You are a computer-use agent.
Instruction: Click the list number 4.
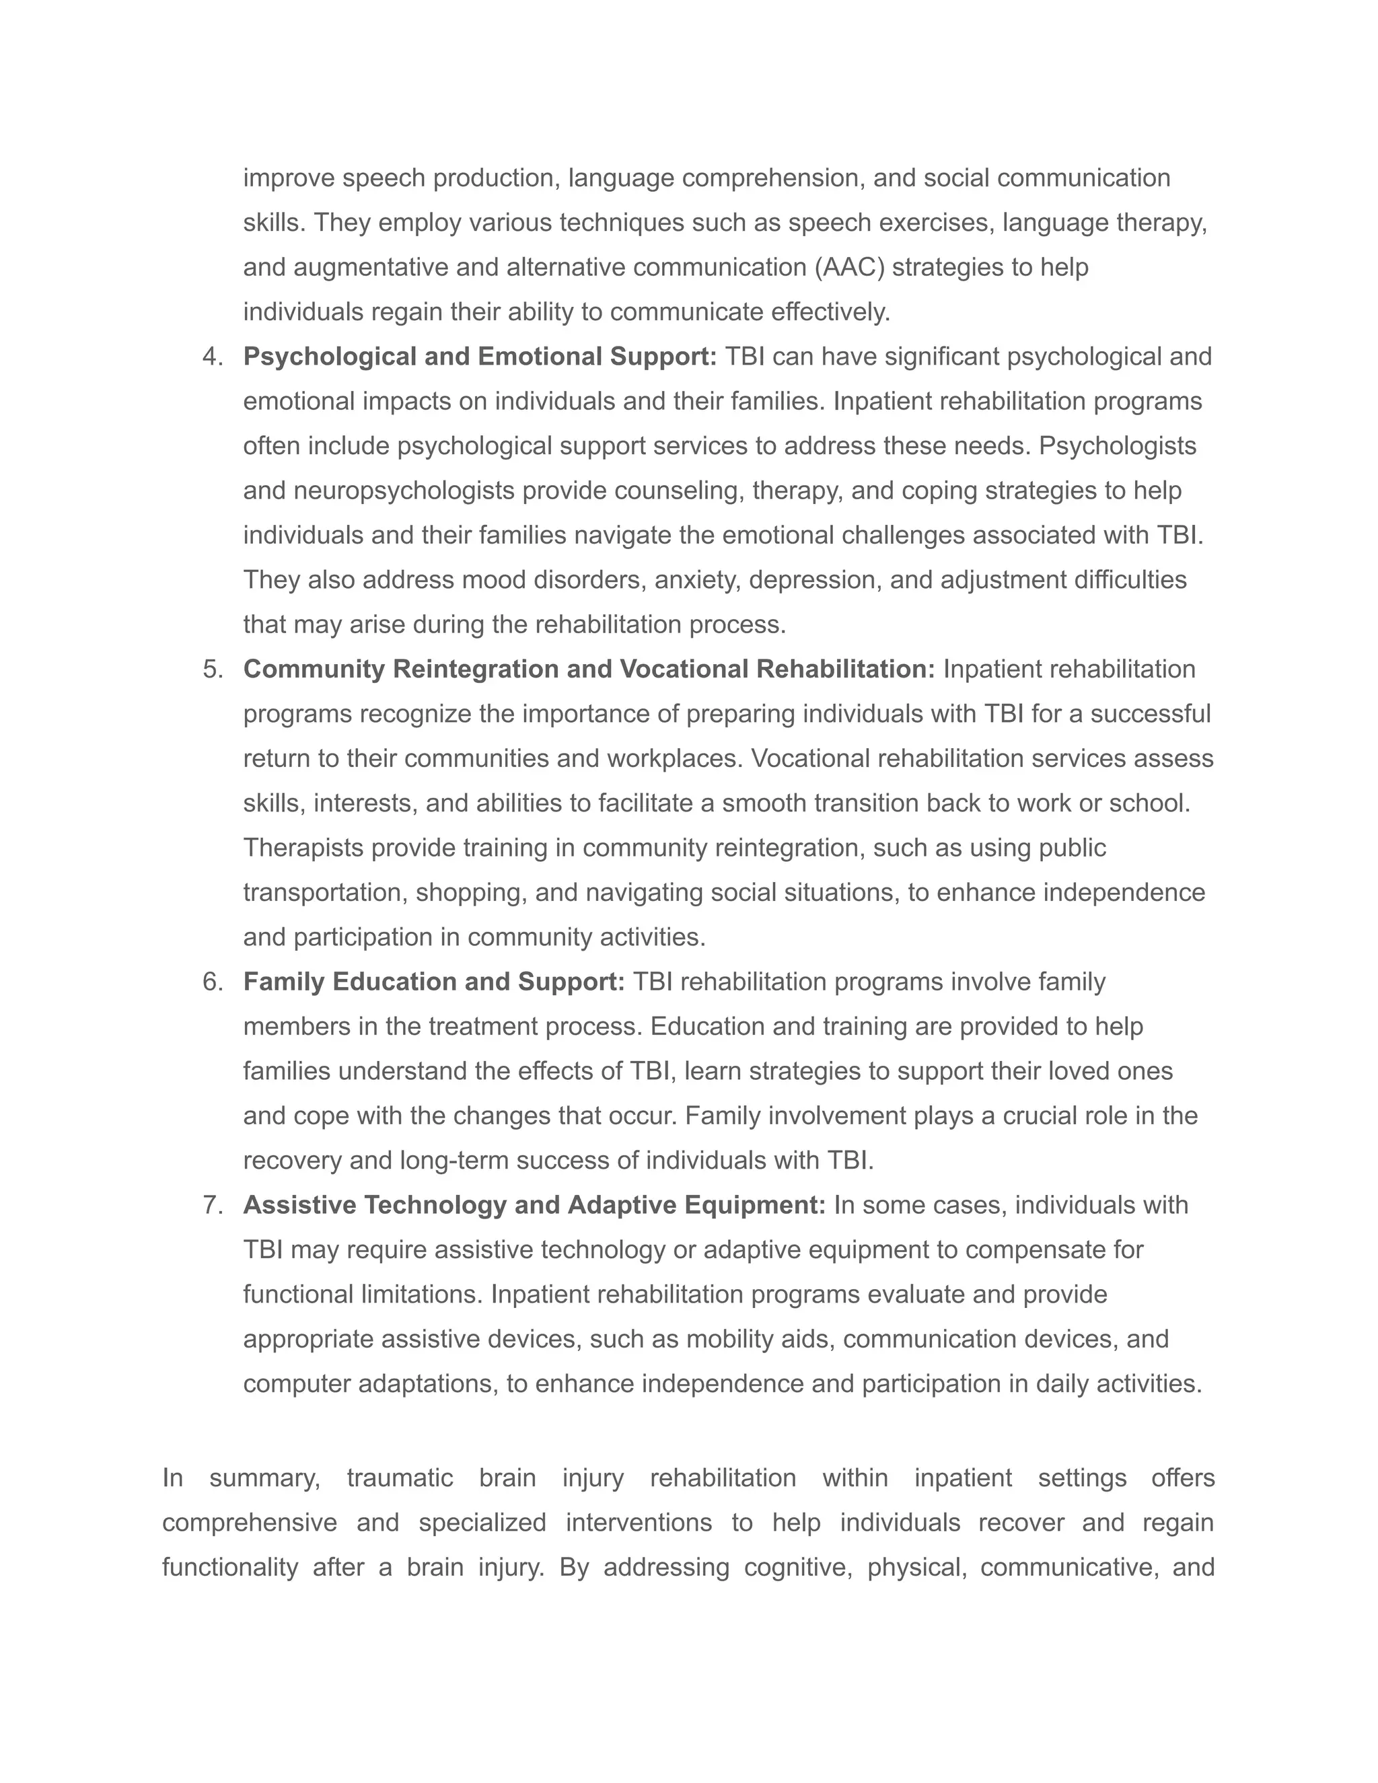coord(212,357)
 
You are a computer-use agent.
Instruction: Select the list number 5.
coord(212,669)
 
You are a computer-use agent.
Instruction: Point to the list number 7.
coord(212,1205)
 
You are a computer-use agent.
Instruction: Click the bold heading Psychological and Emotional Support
coord(480,357)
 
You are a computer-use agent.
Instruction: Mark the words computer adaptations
coord(371,1384)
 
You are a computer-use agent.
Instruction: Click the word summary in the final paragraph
coord(264,1478)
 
